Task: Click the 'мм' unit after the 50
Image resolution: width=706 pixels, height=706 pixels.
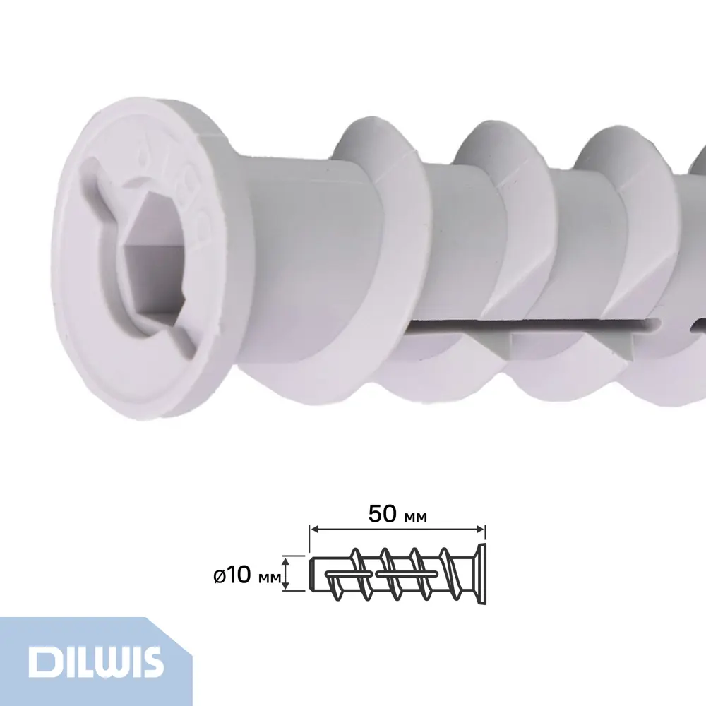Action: (417, 517)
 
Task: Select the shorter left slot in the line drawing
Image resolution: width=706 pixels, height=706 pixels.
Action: (346, 575)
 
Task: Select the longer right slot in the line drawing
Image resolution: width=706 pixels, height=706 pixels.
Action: (406, 574)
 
